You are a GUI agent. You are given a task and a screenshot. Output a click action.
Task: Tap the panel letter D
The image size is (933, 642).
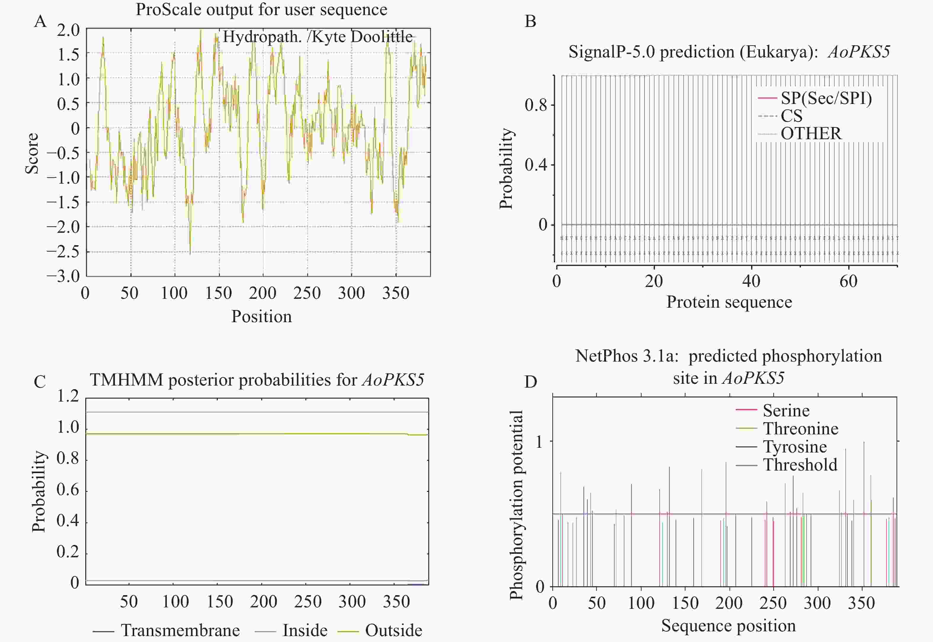(531, 381)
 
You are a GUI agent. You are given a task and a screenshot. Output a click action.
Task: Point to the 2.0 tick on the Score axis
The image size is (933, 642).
(68, 30)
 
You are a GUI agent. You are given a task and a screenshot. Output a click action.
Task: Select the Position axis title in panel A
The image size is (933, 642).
(262, 317)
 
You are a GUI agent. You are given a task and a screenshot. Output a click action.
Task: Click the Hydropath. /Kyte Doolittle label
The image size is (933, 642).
(318, 37)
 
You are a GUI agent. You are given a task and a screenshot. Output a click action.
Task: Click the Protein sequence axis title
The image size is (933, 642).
(729, 302)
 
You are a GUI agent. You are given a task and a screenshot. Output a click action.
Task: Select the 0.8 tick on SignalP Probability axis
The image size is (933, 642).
(536, 105)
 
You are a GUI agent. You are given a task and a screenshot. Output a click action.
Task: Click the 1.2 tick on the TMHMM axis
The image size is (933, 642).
(68, 397)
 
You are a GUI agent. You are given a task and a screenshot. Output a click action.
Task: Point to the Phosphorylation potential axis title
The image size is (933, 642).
(516, 505)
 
